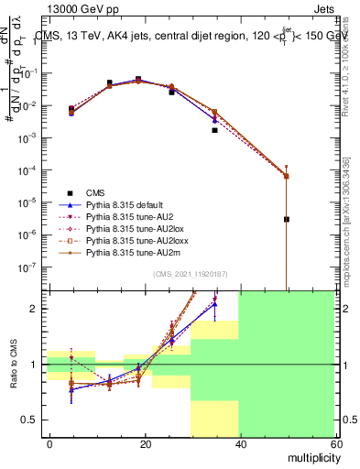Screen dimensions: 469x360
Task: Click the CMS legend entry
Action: pyautogui.click(x=96, y=192)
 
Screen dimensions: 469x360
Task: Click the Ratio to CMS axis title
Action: pyautogui.click(x=14, y=365)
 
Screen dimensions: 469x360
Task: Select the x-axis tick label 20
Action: pyautogui.click(x=145, y=442)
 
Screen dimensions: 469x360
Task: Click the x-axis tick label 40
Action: pyautogui.click(x=239, y=442)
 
